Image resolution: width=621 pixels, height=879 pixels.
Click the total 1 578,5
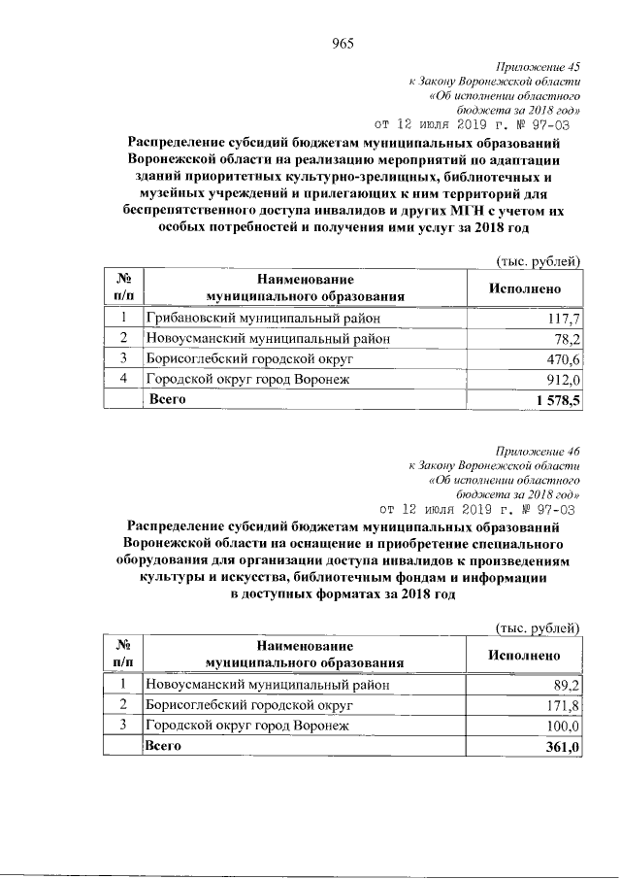point(557,400)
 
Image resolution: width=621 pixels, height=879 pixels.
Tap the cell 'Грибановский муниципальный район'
point(262,319)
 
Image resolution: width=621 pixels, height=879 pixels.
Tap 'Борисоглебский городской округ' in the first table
point(255,359)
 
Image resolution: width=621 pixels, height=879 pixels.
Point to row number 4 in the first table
point(123,380)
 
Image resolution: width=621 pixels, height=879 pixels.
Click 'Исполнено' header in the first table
point(524,288)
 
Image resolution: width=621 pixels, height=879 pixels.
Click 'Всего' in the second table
point(162,746)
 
